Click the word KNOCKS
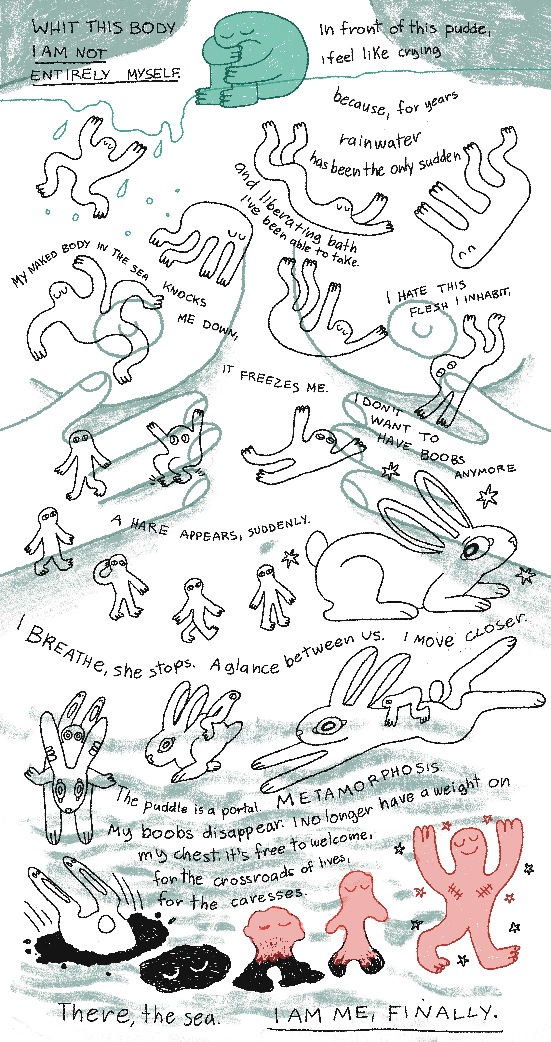[x=184, y=294]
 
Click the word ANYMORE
[x=485, y=471]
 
